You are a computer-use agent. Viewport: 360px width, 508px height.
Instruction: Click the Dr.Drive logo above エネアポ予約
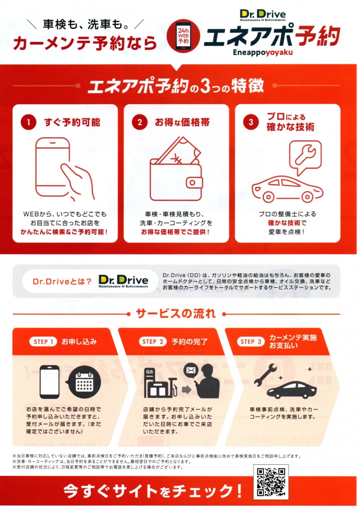click(x=263, y=15)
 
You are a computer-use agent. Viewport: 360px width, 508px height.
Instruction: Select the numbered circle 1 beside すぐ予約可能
click(x=28, y=122)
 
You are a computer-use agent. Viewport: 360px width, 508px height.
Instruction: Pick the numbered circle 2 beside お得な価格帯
click(x=140, y=122)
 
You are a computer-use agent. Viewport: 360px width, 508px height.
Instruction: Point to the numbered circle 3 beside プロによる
click(x=251, y=122)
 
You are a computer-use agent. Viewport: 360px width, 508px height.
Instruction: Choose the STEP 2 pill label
click(x=152, y=342)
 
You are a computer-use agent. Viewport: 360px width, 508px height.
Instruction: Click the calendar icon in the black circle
click(x=84, y=383)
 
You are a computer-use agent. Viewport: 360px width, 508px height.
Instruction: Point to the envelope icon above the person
click(x=191, y=370)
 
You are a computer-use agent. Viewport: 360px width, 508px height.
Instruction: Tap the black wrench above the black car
click(x=266, y=374)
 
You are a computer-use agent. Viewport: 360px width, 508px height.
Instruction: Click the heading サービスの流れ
click(x=176, y=314)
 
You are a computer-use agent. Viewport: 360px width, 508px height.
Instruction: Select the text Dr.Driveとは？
click(x=62, y=282)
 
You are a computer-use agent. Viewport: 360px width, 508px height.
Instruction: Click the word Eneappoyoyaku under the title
click(x=263, y=52)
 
